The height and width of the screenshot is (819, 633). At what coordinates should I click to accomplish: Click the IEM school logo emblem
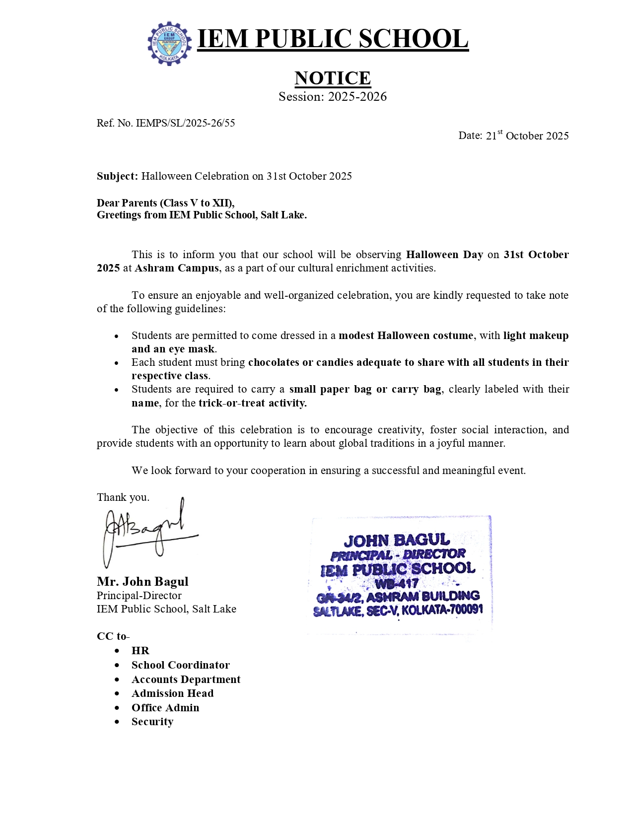click(x=169, y=43)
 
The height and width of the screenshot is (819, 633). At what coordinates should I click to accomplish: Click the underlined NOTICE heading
click(x=332, y=78)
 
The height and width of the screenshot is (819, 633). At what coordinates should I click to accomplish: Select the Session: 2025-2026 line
click(x=332, y=96)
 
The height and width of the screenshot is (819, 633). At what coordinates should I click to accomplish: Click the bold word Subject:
click(x=117, y=176)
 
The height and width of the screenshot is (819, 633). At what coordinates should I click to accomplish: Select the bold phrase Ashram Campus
click(x=176, y=268)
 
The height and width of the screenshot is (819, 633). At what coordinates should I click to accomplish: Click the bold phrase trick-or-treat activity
click(x=252, y=403)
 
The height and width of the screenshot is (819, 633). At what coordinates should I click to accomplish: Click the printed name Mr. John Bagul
click(x=142, y=581)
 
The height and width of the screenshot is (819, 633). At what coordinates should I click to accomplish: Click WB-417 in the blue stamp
click(x=397, y=583)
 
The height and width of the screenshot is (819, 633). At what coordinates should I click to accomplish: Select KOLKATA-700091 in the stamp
click(x=442, y=610)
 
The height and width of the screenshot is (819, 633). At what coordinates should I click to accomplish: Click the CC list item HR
click(x=140, y=651)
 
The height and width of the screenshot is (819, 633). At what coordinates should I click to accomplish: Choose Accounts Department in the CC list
click(x=186, y=679)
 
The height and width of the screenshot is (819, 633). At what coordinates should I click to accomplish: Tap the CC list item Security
click(x=152, y=722)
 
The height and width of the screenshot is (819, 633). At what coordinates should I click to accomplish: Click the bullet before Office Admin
click(x=117, y=708)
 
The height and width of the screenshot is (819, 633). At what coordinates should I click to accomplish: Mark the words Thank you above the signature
click(x=123, y=497)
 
